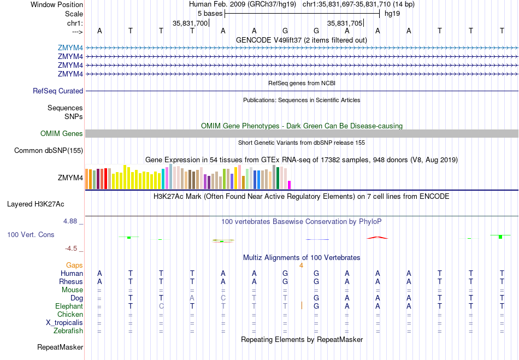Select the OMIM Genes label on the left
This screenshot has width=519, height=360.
click(x=62, y=134)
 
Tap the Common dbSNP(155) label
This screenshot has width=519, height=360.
click(x=49, y=151)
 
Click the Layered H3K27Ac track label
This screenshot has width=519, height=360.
click(x=36, y=204)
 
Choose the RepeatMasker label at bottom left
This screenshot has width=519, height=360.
click(x=60, y=347)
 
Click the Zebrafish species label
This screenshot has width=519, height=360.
click(x=68, y=331)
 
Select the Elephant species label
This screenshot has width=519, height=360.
click(x=69, y=306)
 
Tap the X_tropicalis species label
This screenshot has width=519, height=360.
click(x=64, y=323)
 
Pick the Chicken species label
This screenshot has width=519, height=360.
click(x=70, y=315)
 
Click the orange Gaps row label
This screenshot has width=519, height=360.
click(x=74, y=265)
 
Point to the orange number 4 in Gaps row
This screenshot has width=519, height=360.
click(x=301, y=265)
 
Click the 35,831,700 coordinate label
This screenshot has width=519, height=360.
click(x=190, y=23)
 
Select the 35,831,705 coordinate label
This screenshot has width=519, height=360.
click(x=345, y=23)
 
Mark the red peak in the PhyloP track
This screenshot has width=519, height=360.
click(x=378, y=238)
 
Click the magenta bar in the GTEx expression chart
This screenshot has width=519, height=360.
click(x=290, y=185)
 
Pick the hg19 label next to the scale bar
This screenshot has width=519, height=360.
click(x=392, y=13)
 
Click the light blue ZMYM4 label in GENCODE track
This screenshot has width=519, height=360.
click(x=70, y=48)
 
